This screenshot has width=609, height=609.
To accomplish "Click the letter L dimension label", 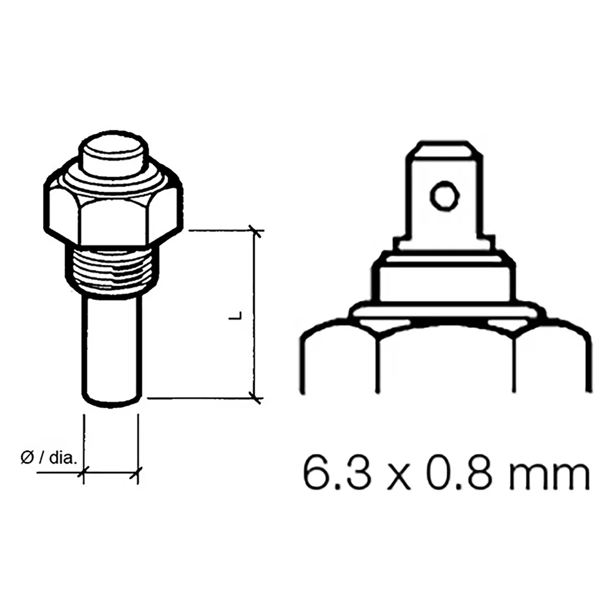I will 239,315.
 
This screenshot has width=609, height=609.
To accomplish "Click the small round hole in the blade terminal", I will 443,195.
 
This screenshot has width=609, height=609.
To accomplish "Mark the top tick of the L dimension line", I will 256,231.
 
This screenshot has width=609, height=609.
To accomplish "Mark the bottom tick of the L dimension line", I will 256,398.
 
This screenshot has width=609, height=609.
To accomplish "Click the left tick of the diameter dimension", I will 83,471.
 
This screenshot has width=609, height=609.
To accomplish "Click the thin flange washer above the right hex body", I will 443,313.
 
